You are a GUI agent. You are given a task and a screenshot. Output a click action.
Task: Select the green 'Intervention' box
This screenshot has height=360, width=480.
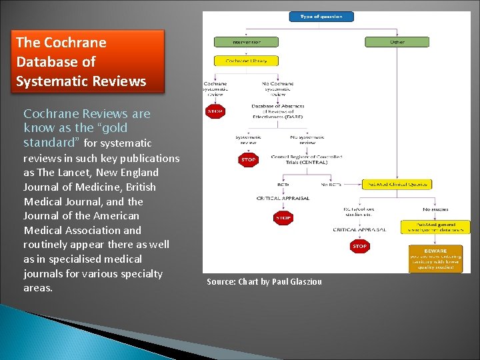pos(246,41)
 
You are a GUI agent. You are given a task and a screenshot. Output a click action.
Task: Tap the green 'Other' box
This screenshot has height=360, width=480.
pos(397,41)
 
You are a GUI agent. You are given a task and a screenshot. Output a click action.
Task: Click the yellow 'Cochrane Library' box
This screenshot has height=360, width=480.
pos(246,61)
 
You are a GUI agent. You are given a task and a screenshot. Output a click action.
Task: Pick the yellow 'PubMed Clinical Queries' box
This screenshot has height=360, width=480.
pos(397,184)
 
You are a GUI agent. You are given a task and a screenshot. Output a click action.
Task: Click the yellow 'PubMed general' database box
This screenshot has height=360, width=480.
pos(435,227)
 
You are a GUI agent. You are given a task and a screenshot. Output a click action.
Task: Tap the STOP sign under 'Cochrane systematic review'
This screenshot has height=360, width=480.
pos(215,112)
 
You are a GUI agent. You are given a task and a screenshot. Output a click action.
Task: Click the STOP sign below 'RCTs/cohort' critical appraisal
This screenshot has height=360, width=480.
pos(359,247)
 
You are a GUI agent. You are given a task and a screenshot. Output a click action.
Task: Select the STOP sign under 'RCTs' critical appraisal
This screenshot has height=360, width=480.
pos(283,218)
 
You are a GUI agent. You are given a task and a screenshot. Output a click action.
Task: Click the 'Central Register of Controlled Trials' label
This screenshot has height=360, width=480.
pos(307,160)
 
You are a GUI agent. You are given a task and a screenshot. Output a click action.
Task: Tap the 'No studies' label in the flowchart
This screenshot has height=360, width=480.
pos(435,209)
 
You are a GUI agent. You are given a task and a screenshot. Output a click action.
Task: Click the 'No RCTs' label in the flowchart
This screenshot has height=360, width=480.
pos(331,184)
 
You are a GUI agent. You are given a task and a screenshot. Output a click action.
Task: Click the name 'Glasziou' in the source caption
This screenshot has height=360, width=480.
pos(305,282)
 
